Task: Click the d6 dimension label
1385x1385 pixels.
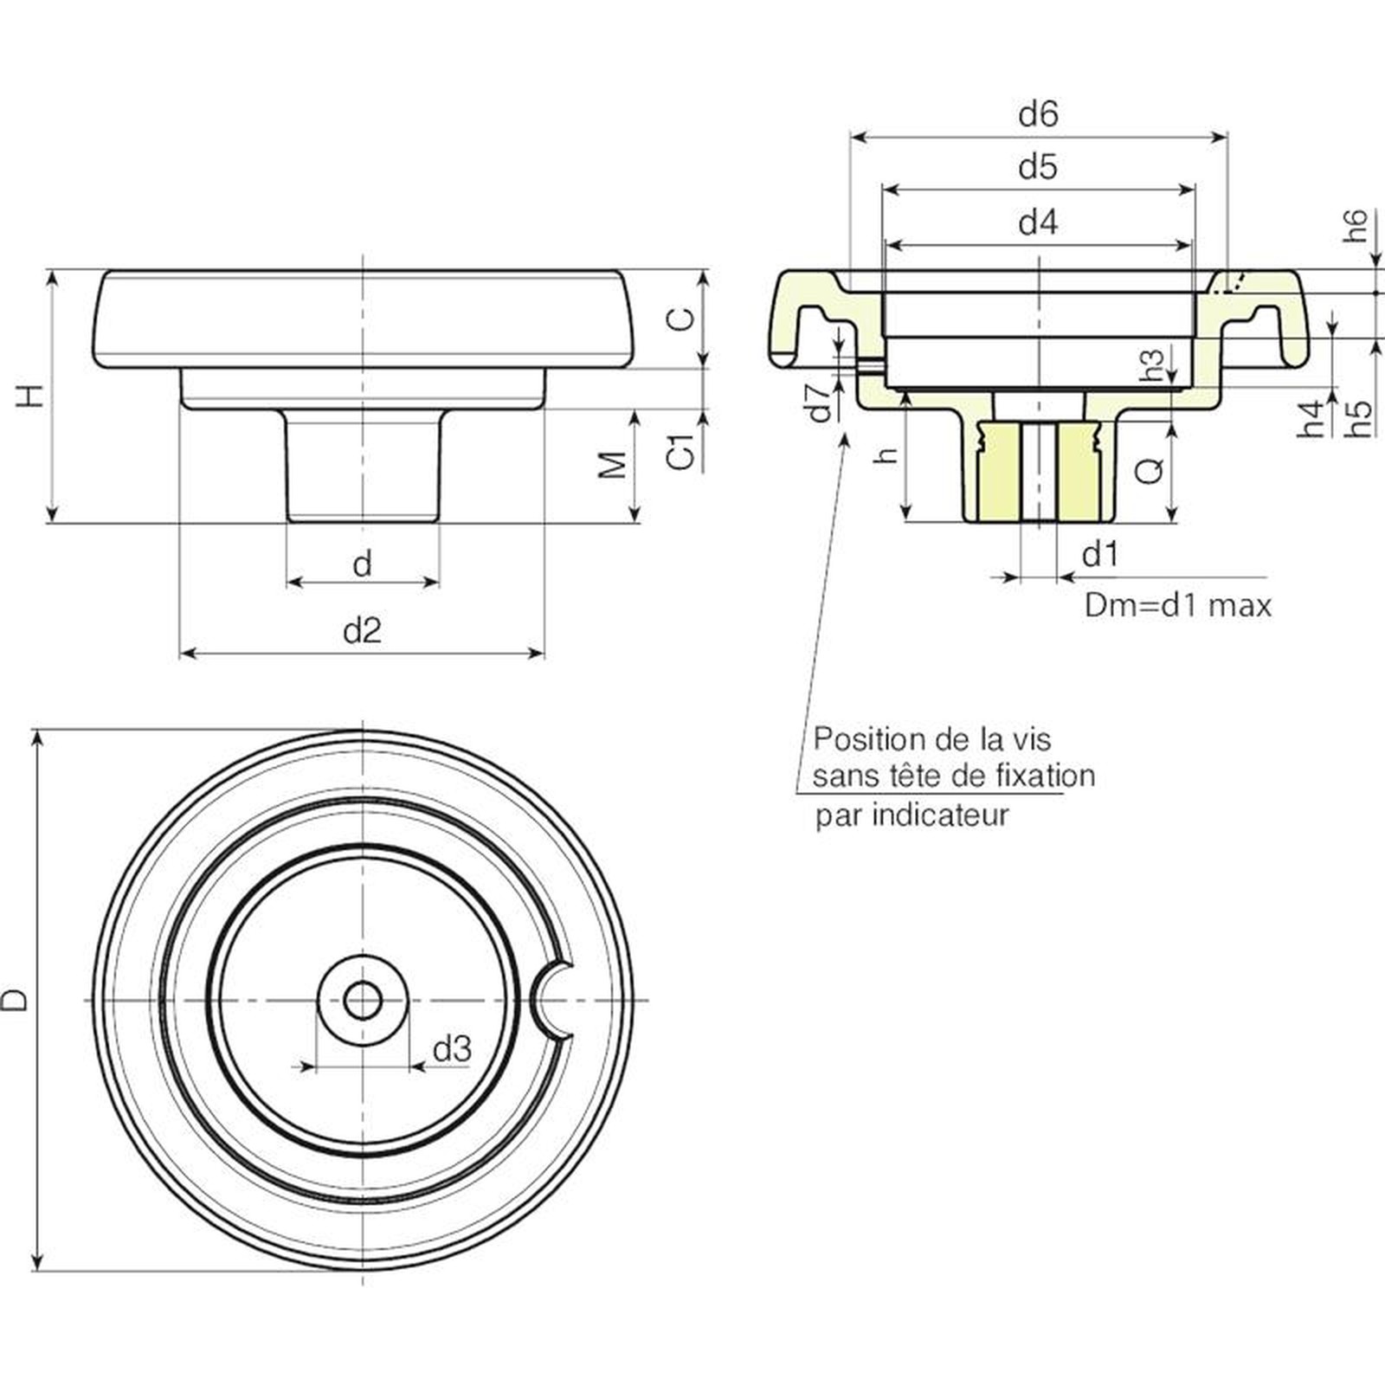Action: [x=1038, y=114]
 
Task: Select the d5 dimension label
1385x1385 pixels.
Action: [x=1038, y=166]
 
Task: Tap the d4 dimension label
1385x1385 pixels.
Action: [x=1038, y=222]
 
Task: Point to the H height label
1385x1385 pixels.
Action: [x=30, y=396]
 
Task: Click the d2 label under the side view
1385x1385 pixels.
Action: [x=362, y=630]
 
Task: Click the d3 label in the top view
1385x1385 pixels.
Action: [x=452, y=1049]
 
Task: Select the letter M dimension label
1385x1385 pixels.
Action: [x=613, y=465]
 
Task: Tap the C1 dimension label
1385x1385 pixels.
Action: [x=683, y=452]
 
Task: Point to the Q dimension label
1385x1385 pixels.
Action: [x=1150, y=471]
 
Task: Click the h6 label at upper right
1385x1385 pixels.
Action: [x=1356, y=225]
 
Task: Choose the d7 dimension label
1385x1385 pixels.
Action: [x=819, y=402]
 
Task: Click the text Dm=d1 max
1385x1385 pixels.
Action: [x=1178, y=605]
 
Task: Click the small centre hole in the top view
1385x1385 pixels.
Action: [x=363, y=1001]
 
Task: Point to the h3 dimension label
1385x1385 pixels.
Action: [x=1152, y=364]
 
